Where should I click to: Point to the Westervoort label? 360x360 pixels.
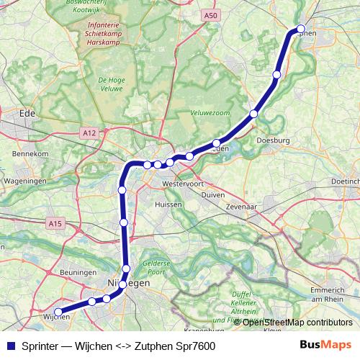pos(185,184)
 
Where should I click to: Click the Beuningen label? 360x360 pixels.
pos(78,273)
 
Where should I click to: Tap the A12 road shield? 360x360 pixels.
pos(89,133)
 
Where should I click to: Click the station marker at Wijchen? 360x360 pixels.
pos(58,312)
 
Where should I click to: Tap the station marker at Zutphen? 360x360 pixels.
pos(301,30)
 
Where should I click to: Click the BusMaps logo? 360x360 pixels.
pos(325,346)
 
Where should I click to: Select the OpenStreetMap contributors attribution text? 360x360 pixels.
pos(297,322)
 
